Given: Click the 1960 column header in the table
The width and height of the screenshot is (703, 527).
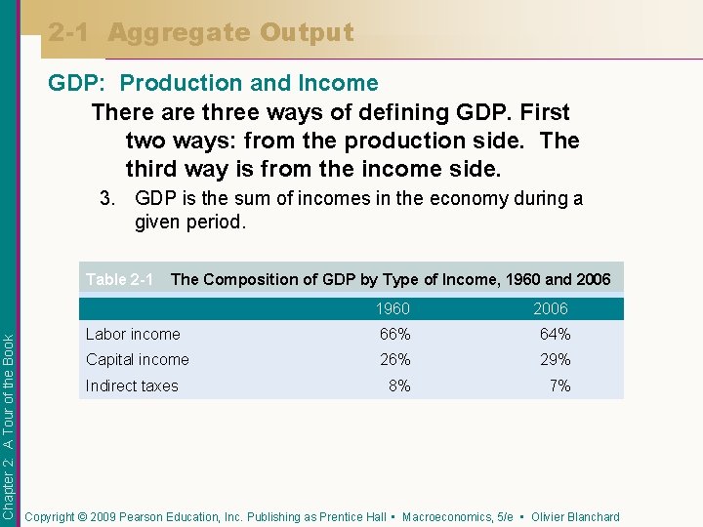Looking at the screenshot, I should (x=393, y=308).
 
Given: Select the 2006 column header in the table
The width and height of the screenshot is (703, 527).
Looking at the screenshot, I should (x=550, y=308).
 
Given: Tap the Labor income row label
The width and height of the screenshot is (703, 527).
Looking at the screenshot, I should (x=133, y=334).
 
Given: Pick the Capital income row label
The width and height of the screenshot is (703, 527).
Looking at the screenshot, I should (x=138, y=359).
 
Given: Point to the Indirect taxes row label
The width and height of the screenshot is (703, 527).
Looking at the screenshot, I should (x=132, y=385).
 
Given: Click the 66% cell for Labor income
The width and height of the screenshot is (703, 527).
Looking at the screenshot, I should (x=394, y=334).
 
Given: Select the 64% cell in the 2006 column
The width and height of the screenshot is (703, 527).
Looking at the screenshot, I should (x=555, y=334).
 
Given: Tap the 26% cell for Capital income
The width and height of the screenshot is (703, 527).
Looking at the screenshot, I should (x=394, y=359).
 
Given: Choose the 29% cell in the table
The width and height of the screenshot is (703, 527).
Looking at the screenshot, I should (x=555, y=359).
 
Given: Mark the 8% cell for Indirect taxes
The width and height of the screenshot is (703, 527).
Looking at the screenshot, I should (x=398, y=385).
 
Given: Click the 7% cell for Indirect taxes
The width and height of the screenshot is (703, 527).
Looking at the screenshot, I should (x=559, y=385).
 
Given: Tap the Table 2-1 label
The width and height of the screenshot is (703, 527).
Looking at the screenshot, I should (x=119, y=279).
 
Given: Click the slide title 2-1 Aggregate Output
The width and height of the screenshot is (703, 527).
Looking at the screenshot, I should (x=201, y=32).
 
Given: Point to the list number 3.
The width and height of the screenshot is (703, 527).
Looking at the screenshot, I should (x=108, y=199).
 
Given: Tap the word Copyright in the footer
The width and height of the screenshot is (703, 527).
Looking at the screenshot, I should (x=51, y=517).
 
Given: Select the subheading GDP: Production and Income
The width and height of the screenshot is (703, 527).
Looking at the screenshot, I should (x=213, y=84).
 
